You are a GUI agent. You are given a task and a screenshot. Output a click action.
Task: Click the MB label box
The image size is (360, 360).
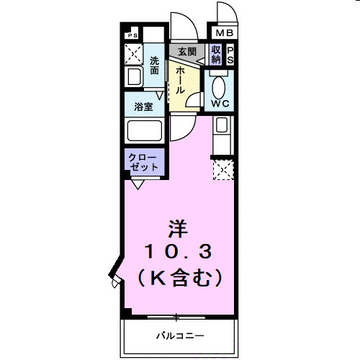[223, 32]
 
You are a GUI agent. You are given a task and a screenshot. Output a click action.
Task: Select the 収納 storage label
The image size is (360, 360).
[216, 55]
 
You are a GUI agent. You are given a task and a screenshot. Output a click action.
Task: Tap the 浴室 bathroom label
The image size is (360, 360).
[143, 107]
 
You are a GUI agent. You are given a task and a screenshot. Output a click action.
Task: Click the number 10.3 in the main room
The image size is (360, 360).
[178, 251]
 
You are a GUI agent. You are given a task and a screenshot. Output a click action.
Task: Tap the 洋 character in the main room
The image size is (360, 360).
[178, 229]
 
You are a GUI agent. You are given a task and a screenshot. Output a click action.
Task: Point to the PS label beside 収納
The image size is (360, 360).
[230, 55]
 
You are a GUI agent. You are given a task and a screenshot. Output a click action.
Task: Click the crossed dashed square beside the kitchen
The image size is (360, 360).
[223, 170]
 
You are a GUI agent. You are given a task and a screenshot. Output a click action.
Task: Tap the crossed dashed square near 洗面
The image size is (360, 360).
[132, 54]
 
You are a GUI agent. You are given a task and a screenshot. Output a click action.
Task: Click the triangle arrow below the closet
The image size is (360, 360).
[137, 184]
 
